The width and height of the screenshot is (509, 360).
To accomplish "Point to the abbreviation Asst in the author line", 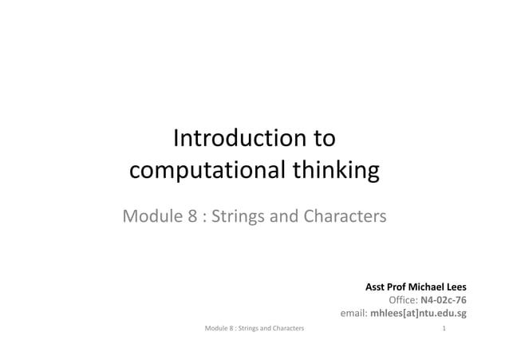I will [x=376, y=286].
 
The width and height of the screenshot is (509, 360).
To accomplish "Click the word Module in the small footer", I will [x=217, y=328].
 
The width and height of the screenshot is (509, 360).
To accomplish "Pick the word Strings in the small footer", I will [x=248, y=328].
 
